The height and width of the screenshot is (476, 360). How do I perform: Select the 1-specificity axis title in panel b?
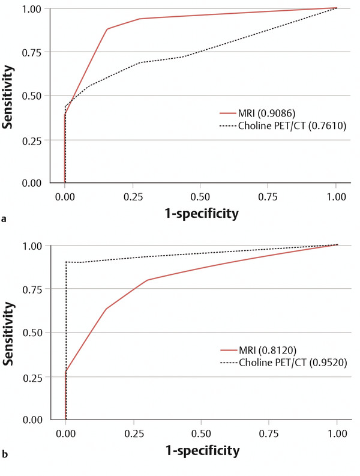(201, 450)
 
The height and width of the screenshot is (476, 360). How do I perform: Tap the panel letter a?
(5, 220)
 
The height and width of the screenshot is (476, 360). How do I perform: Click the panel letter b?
(5, 457)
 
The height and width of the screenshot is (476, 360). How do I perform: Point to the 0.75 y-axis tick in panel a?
(32, 52)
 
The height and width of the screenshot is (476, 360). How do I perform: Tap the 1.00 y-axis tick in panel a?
(32, 9)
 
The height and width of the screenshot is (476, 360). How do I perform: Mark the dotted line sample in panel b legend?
(228, 363)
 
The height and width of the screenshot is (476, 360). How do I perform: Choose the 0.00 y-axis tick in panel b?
(32, 420)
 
